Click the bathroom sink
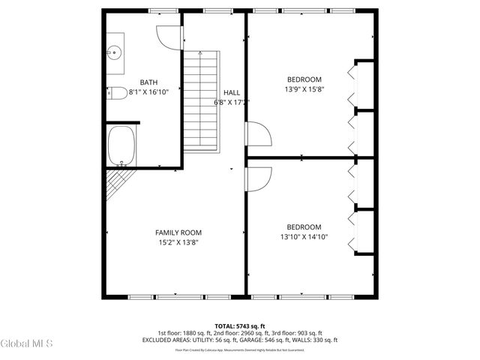115,52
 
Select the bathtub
121,146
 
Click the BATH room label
148,82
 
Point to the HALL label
232,92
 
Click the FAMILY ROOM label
178,232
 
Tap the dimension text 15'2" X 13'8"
178,242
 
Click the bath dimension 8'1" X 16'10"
148,92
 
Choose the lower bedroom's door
259,179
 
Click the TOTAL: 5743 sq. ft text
239,325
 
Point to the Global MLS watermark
27,343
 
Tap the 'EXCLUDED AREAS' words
163,340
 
